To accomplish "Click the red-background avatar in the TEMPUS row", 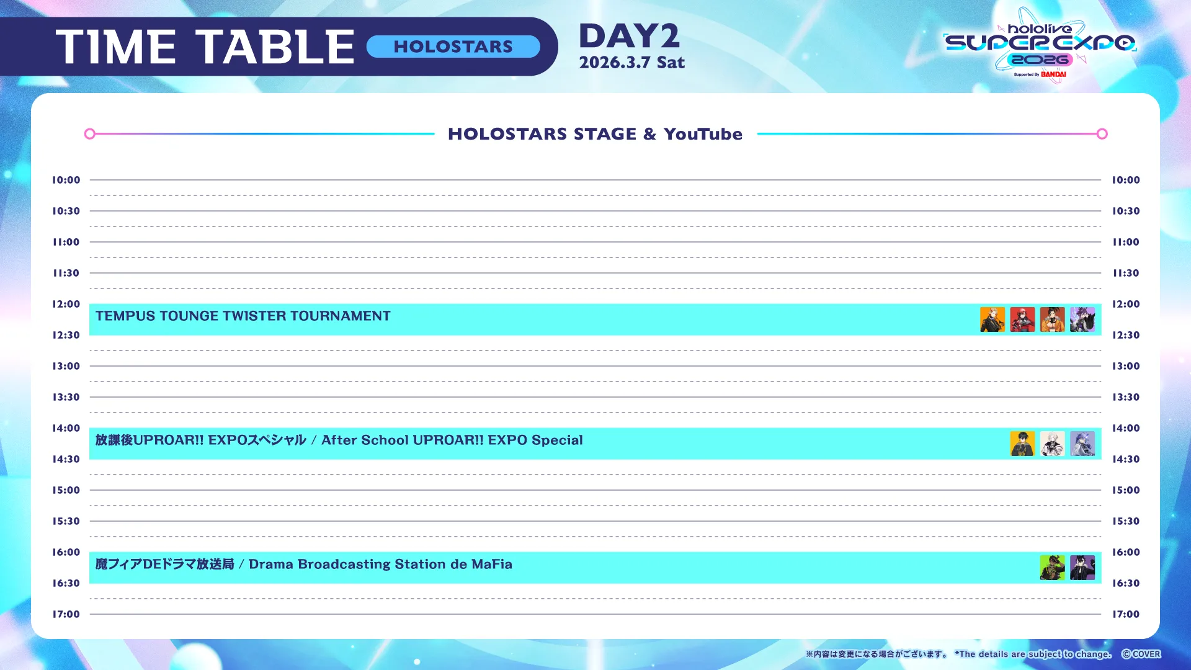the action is (x=1022, y=319).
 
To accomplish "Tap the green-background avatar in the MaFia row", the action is (x=1052, y=568).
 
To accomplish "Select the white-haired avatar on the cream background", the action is (x=1052, y=444).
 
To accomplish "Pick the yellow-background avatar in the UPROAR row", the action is (x=1022, y=444).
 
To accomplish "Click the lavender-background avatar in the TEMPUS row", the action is (x=1082, y=319).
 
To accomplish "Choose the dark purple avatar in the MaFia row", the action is (x=1082, y=568).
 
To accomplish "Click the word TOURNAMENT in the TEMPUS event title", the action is (x=341, y=316).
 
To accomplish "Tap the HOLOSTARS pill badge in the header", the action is (x=453, y=47).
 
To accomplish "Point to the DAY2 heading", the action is (x=630, y=36).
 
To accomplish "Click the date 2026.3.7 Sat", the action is (x=632, y=62).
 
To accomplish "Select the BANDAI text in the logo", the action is (x=1053, y=74).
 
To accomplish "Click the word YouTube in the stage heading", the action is (x=703, y=134).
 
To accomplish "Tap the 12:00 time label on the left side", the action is (x=66, y=304).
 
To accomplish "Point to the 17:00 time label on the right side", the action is (x=1126, y=614).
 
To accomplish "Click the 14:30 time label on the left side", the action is (x=66, y=459).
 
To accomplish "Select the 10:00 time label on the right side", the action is (x=1126, y=180).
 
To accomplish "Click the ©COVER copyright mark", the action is (x=1141, y=654).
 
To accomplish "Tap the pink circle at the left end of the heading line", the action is (x=90, y=134).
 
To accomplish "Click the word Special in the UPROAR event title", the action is (x=557, y=440).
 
